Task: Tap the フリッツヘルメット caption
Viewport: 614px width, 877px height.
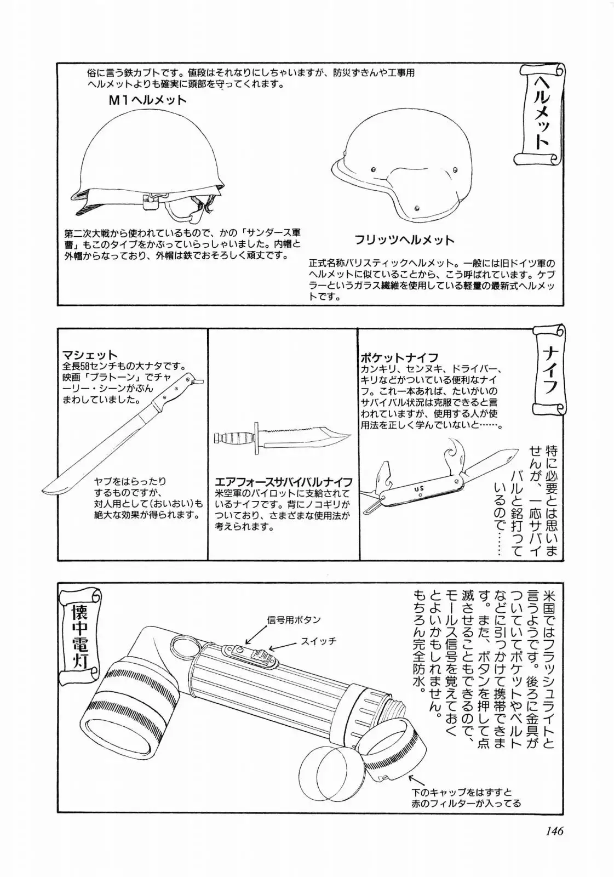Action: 404,240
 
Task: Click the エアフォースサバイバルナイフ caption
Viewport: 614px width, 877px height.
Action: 283,482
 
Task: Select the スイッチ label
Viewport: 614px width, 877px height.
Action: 318,641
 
